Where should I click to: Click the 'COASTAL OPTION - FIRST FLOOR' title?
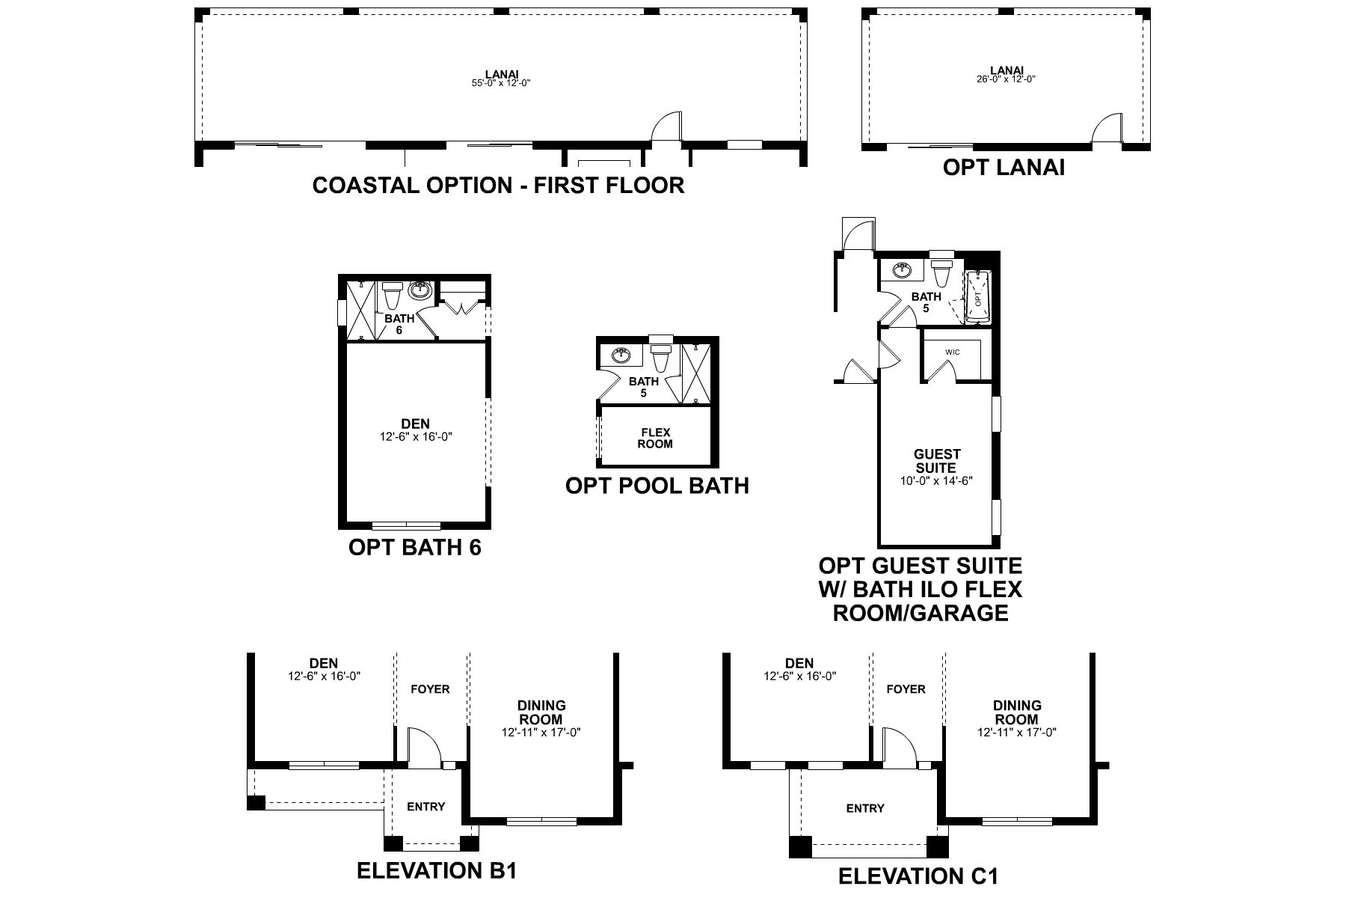pos(498,186)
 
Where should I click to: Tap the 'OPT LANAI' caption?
pos(1004,168)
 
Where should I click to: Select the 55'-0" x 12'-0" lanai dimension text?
pos(502,83)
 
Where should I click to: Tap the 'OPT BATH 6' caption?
pos(415,547)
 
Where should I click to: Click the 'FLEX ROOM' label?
pos(655,439)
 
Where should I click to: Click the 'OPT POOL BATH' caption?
pos(657,486)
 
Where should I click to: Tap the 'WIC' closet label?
pos(952,352)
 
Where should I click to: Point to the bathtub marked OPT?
pos(977,297)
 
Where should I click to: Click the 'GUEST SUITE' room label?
pos(937,461)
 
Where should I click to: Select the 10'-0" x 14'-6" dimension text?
pos(936,481)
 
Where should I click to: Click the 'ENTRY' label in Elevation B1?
pos(425,807)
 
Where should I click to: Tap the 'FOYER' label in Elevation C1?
pos(906,689)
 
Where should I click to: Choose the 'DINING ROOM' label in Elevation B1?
pos(541,712)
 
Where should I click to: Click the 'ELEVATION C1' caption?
pos(918,876)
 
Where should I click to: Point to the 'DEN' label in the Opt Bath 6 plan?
pos(416,424)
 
